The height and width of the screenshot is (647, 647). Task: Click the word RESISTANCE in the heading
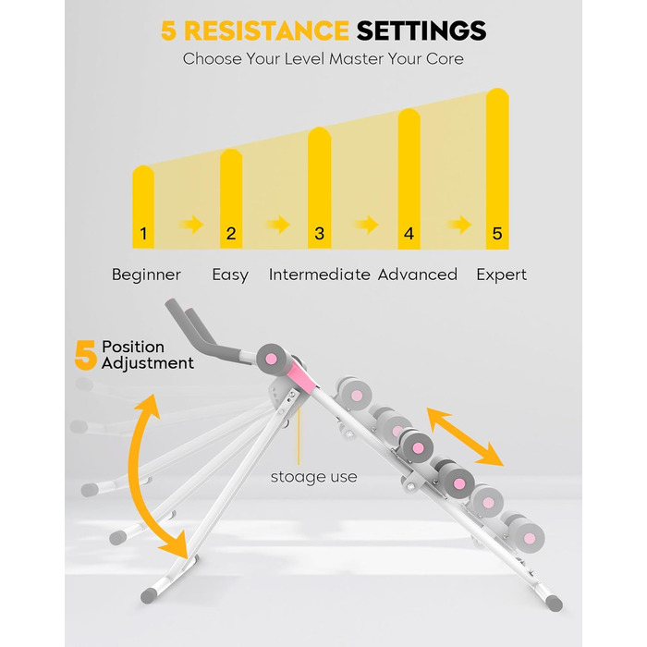click(x=266, y=31)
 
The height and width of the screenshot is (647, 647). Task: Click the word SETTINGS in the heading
click(x=421, y=31)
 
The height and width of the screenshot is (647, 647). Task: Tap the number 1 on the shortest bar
click(x=143, y=234)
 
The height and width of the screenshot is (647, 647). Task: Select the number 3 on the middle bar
click(x=320, y=234)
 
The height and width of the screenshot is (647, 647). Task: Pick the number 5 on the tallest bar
click(x=497, y=234)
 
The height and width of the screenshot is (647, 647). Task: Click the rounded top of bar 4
click(x=409, y=115)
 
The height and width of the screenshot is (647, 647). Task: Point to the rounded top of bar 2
click(x=231, y=154)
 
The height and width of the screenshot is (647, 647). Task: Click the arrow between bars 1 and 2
click(x=191, y=225)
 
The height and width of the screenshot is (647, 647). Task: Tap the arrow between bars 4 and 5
click(x=458, y=225)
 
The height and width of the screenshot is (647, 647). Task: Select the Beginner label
click(x=146, y=275)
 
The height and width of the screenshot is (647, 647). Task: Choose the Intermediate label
click(x=320, y=275)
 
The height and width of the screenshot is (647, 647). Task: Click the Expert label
click(x=501, y=275)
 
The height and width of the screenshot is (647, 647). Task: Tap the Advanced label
click(x=418, y=275)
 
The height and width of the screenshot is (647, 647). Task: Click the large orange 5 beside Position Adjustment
click(x=85, y=355)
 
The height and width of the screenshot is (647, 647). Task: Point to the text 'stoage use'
click(x=314, y=477)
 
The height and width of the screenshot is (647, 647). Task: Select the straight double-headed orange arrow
click(x=465, y=436)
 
